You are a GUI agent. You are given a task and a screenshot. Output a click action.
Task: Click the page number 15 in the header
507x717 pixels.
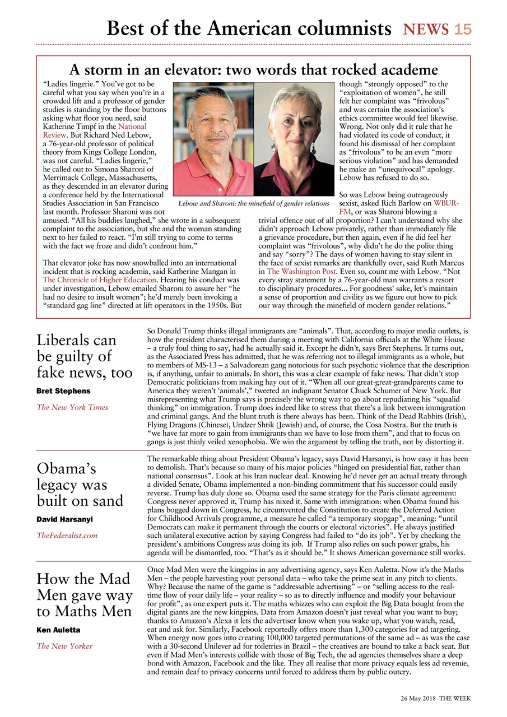click(463, 29)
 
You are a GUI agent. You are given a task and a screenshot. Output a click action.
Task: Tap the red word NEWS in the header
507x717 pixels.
click(426, 29)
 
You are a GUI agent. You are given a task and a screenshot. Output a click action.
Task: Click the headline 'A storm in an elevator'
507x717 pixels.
click(253, 70)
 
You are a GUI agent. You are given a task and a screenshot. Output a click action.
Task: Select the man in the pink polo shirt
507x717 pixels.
click(213, 140)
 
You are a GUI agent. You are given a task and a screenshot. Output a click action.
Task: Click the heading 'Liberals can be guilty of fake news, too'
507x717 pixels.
click(85, 356)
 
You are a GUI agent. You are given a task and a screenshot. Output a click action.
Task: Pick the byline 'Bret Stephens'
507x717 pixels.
click(63, 390)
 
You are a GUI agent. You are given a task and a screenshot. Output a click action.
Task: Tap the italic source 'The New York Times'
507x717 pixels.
click(72, 407)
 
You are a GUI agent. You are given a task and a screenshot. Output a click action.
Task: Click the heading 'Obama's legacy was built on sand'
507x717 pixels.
click(80, 485)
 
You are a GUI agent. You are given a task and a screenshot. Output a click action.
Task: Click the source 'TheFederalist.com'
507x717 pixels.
click(67, 536)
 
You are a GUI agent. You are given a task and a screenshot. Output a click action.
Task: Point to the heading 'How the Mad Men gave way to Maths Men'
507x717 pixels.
click(85, 595)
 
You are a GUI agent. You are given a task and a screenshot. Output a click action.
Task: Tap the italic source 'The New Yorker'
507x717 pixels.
click(64, 646)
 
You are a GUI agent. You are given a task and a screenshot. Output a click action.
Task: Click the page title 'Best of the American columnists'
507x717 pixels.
click(249, 28)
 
